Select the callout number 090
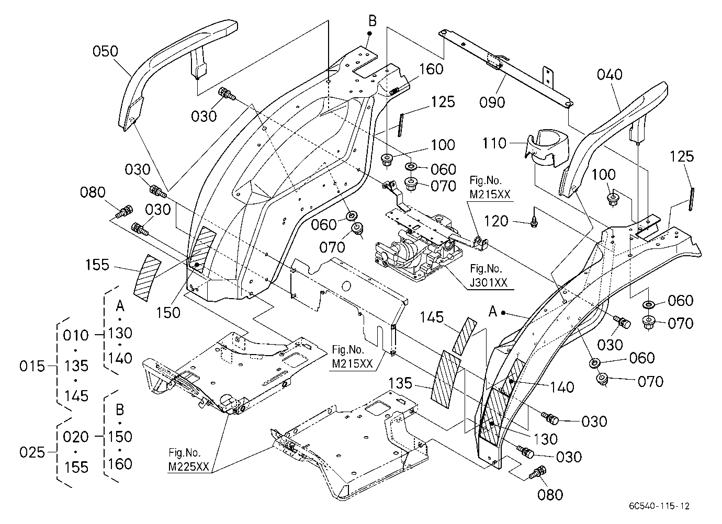click(x=492, y=102)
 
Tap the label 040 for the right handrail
click(x=610, y=75)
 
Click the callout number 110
click(x=494, y=143)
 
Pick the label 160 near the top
click(x=431, y=69)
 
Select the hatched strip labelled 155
click(x=147, y=278)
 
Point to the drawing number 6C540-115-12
click(x=659, y=506)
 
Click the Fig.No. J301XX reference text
click(x=488, y=276)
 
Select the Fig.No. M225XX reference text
click(x=188, y=460)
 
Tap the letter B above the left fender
click(x=373, y=21)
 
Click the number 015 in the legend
click(x=32, y=366)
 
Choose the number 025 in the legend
click(x=32, y=452)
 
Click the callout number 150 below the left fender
click(x=168, y=313)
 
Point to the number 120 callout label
click(x=497, y=221)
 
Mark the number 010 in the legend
click(x=75, y=336)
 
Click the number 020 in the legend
click(x=75, y=437)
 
